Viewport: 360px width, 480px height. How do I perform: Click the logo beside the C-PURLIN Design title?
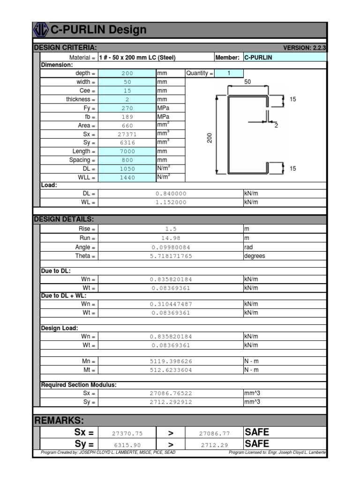coord(41,30)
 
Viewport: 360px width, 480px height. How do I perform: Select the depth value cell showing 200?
coord(127,74)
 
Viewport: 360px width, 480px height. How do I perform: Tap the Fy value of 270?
coord(127,108)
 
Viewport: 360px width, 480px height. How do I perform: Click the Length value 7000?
coord(127,152)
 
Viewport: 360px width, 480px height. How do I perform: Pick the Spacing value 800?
coord(127,160)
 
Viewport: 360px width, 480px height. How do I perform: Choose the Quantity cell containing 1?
coord(229,73)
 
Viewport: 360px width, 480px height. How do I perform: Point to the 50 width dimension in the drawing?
coord(247,82)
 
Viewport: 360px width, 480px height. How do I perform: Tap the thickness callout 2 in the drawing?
coord(276,126)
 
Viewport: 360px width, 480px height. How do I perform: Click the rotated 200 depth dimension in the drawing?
coord(210,138)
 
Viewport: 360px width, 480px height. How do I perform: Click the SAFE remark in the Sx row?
coord(257,432)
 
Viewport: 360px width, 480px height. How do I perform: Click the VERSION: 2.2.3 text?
coord(304,48)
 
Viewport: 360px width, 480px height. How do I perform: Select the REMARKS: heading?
coord(59,420)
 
